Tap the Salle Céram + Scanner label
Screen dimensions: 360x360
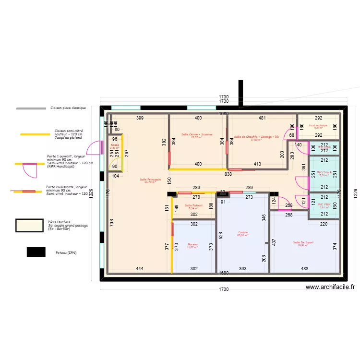(x=197, y=135)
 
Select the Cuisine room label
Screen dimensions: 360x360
(x=243, y=233)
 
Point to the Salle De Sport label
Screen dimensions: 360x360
(x=303, y=242)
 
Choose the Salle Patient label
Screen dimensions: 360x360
(x=194, y=205)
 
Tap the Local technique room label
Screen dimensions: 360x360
(x=321, y=126)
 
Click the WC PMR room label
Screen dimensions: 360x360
(x=324, y=204)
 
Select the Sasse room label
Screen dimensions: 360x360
(x=115, y=145)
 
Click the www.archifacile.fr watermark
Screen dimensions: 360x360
(x=330, y=287)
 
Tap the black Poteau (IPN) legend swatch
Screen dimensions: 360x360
(x=36, y=252)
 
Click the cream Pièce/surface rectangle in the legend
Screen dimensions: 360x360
(x=31, y=226)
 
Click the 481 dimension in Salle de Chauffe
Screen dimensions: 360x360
(x=262, y=118)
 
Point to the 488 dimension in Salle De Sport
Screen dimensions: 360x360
(x=305, y=269)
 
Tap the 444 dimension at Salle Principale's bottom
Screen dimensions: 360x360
(x=139, y=269)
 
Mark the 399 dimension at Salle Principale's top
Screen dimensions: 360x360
(x=140, y=118)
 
